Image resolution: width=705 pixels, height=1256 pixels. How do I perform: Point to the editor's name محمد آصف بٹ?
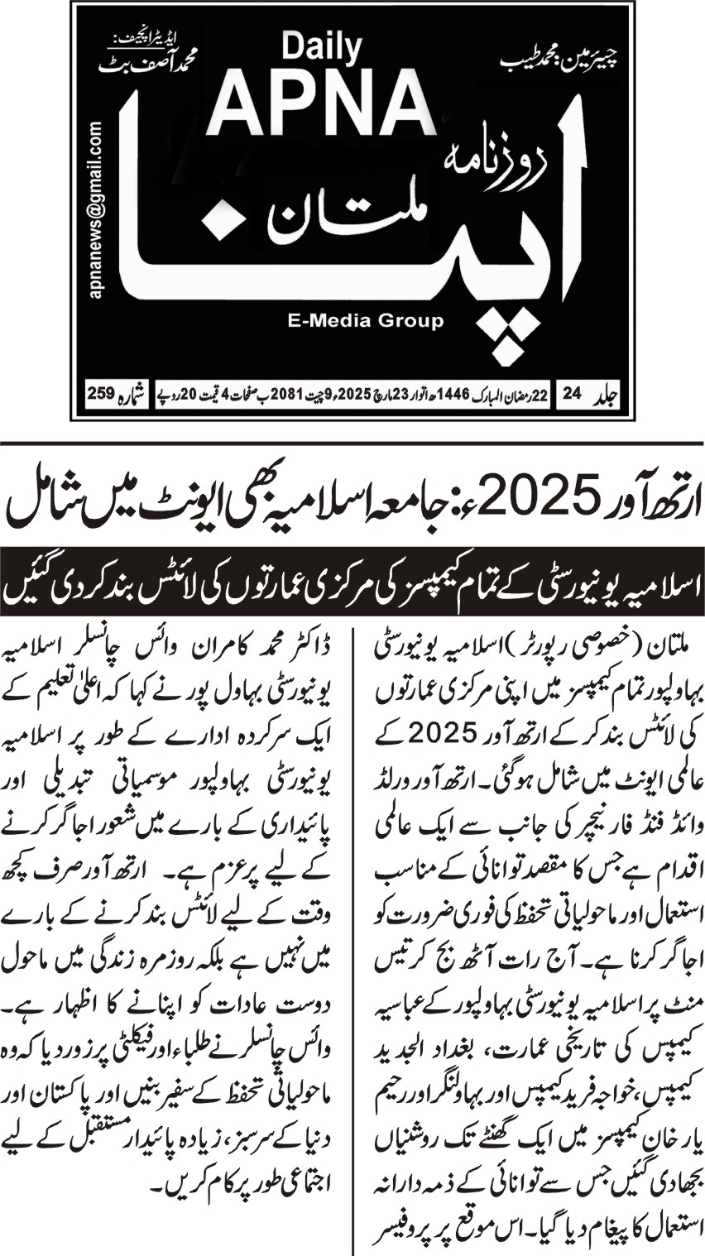[x=155, y=63]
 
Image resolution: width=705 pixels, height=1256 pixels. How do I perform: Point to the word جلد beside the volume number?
[x=608, y=397]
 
